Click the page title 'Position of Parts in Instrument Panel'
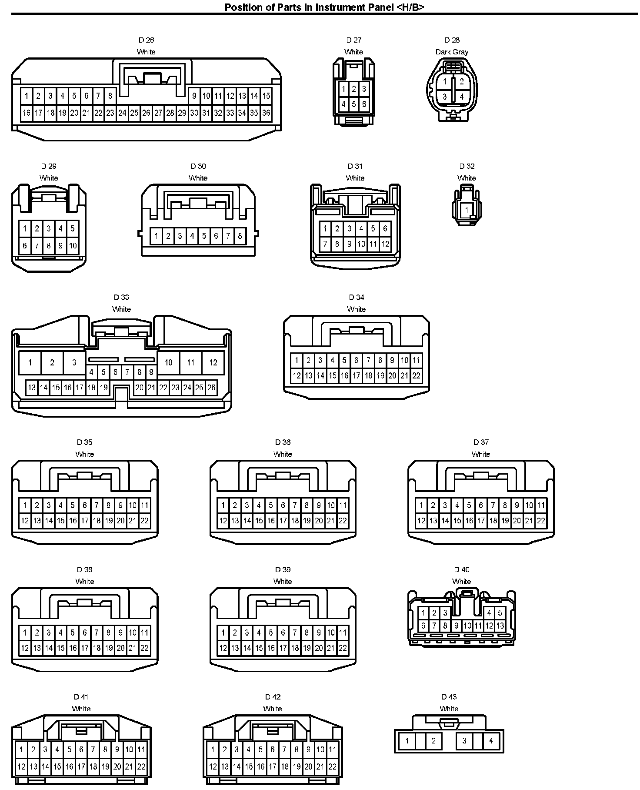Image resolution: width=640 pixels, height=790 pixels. coord(324,7)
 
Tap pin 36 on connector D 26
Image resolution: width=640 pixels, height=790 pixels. coord(266,113)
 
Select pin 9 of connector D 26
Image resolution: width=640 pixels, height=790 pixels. coord(194,96)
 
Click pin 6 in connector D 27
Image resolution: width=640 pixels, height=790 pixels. coord(364,104)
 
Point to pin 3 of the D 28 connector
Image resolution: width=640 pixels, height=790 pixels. coord(444,97)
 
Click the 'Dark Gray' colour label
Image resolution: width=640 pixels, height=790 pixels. coord(452,52)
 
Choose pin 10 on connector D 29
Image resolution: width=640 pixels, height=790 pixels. coord(73,245)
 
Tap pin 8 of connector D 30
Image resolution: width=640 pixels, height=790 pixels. coord(240,236)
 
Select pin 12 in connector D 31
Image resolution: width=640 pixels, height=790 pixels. coord(385,244)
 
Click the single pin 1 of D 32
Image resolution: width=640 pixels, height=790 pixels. coord(467,210)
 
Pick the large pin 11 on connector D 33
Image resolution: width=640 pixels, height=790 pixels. coord(190,362)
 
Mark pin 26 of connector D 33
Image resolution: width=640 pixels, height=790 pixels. coord(211,387)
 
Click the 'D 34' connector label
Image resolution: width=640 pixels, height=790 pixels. coord(356,298)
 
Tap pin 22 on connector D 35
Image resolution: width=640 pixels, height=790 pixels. coord(144,520)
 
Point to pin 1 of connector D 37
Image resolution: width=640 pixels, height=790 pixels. coord(421,505)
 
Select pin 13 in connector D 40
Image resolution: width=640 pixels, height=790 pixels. coord(500,626)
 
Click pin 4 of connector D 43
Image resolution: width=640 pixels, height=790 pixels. coord(491,741)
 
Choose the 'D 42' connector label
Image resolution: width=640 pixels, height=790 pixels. coord(273,697)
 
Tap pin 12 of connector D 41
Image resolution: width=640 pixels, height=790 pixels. coord(21,767)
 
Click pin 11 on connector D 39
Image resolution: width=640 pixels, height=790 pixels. coord(343,633)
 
